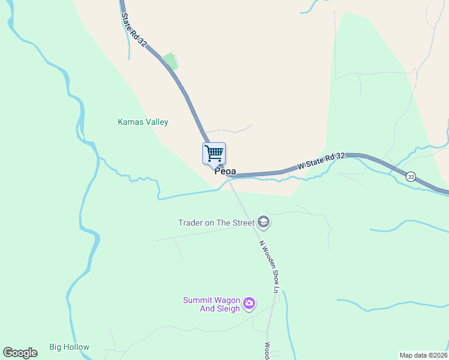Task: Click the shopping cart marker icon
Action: coord(214,154)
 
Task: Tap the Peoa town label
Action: coord(225,172)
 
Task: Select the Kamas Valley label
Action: coord(143,122)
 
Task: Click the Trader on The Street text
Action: coord(216,223)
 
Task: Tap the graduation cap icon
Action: coord(264,222)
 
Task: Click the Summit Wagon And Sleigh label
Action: coord(212,304)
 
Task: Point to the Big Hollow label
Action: coord(69,347)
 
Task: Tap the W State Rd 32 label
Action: coord(321,160)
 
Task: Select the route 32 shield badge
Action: coord(411,176)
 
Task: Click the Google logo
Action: coord(20,352)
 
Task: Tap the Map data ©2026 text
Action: coord(423,355)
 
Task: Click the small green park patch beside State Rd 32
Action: coord(170,61)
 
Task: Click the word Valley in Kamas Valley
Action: coord(156,122)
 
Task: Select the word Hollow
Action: coord(77,347)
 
